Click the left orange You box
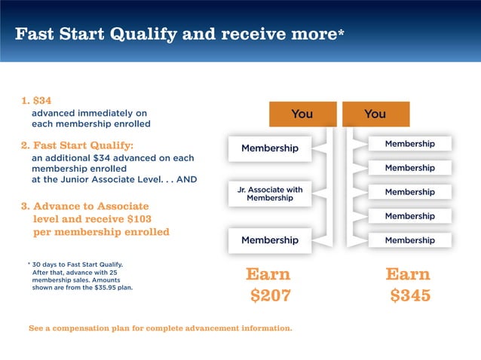[x=302, y=114]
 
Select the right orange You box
[x=375, y=114]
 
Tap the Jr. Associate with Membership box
[x=269, y=194]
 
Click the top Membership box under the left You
[x=269, y=148]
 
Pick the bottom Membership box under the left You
[x=269, y=240]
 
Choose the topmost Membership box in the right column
[x=409, y=144]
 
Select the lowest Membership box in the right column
[x=409, y=240]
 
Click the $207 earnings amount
[x=270, y=296]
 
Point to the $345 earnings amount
[x=410, y=296]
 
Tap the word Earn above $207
[x=268, y=274]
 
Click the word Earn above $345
[x=408, y=274]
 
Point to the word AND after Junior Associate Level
[x=185, y=180]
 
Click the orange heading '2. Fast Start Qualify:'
[x=77, y=145]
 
